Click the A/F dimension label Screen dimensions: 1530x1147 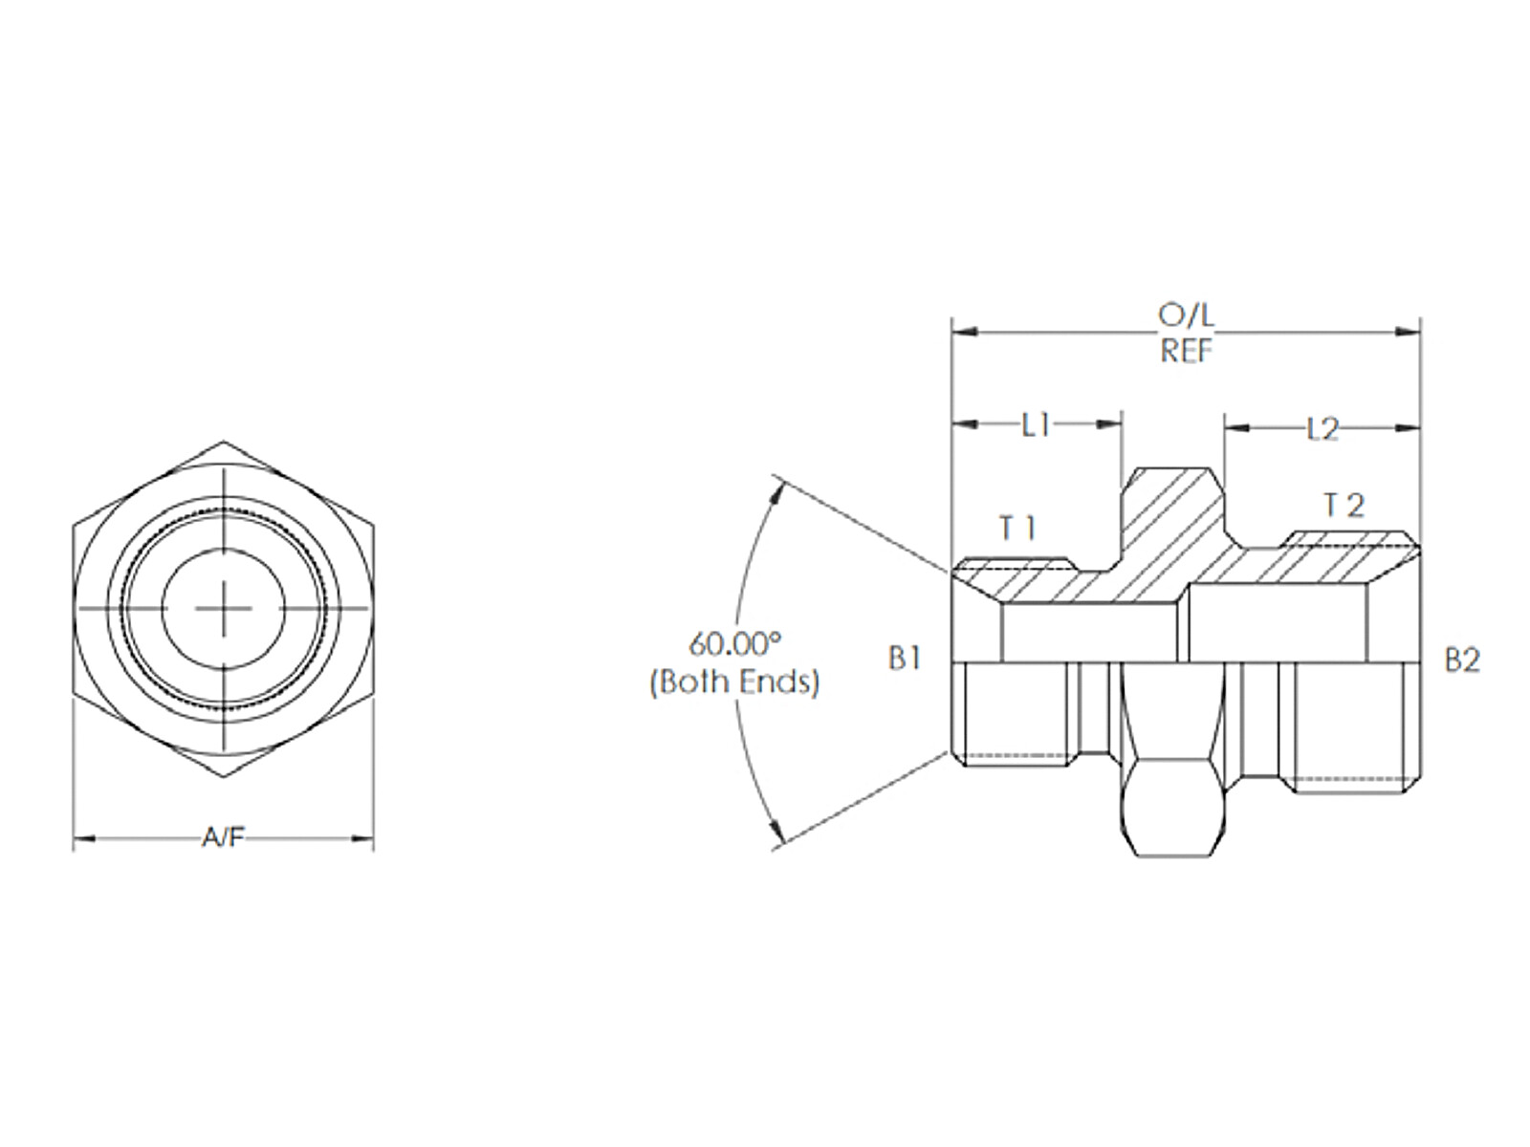click(x=223, y=838)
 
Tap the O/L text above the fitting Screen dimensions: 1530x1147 click(x=1186, y=316)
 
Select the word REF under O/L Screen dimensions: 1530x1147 click(x=1187, y=350)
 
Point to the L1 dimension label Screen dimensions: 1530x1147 click(x=1036, y=425)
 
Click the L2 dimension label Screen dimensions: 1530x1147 click(x=1322, y=430)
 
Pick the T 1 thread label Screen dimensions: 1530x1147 click(x=1018, y=529)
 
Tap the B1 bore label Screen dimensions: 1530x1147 click(x=905, y=659)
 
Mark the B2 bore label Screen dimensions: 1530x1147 click(x=1462, y=660)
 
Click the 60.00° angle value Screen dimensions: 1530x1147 click(x=734, y=644)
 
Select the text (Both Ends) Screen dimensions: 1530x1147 click(x=734, y=682)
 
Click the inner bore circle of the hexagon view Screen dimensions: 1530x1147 click(x=223, y=609)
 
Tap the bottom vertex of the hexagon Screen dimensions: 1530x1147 click(x=223, y=778)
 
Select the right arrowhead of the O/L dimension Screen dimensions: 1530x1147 click(x=1409, y=333)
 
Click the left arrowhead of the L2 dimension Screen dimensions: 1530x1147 click(x=1236, y=429)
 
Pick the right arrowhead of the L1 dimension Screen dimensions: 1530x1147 click(x=1109, y=424)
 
